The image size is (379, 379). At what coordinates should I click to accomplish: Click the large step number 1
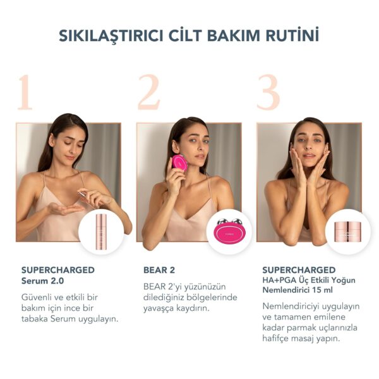25,93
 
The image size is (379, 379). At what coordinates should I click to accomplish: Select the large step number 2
148,93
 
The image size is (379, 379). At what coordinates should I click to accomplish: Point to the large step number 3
268,93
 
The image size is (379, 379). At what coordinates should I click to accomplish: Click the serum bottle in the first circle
101,231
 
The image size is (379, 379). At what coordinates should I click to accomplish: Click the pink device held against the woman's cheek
181,162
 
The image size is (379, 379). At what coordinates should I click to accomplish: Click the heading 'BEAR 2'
158,270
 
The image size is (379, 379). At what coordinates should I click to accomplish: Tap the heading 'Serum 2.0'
44,280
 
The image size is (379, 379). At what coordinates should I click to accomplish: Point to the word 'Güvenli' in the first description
39,296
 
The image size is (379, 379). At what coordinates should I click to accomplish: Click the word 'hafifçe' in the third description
279,339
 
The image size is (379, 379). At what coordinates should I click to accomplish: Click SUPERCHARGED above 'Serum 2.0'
57,270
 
